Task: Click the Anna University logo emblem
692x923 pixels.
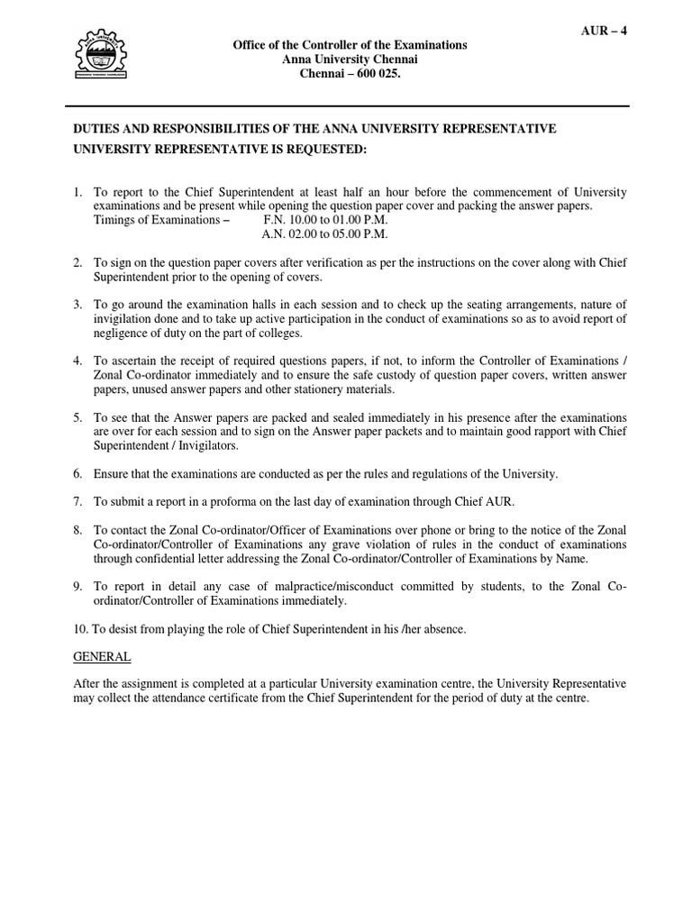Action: pos(112,59)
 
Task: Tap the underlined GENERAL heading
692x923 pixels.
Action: pos(102,657)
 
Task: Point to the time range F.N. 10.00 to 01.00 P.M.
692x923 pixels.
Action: pos(325,219)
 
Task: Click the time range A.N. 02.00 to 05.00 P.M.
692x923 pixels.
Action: pos(324,233)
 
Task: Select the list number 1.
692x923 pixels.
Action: pos(77,193)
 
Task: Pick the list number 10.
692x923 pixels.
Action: pos(79,629)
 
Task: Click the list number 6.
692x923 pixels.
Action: pos(77,473)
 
